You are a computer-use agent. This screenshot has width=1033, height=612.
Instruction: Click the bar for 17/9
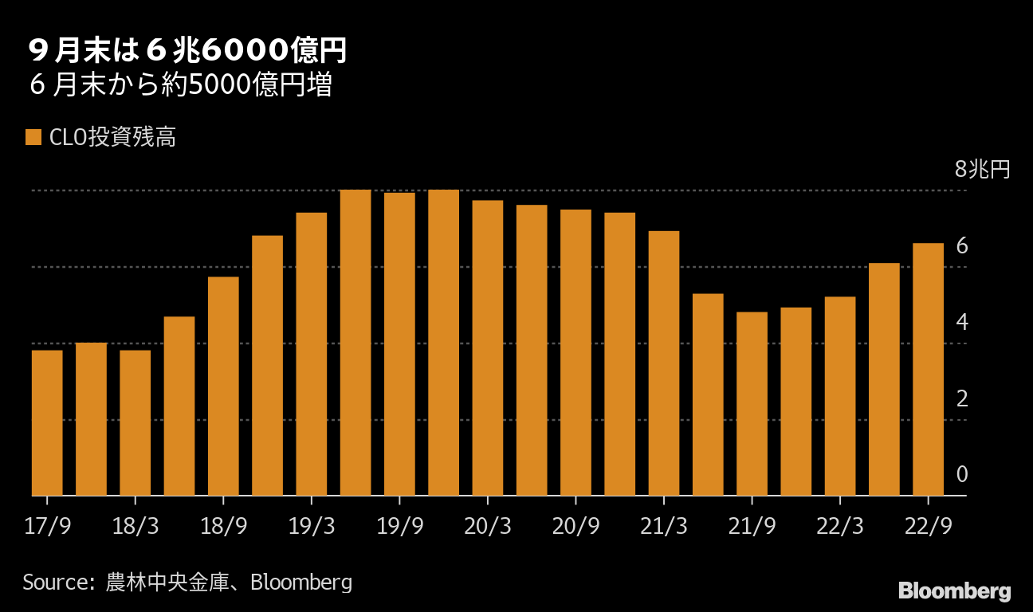coord(47,423)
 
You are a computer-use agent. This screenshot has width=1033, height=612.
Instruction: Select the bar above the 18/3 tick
coord(135,423)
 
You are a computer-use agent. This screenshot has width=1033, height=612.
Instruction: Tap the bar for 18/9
coord(223,386)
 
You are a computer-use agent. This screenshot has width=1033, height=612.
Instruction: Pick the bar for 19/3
coord(312,355)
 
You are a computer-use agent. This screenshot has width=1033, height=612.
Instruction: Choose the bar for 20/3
coord(488,348)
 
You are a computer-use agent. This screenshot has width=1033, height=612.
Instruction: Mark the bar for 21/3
coord(664,363)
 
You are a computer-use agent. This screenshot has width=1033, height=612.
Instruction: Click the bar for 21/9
coord(752,404)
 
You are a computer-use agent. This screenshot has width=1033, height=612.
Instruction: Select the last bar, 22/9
coord(928,370)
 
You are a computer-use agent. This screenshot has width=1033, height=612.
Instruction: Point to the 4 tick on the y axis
coord(962,322)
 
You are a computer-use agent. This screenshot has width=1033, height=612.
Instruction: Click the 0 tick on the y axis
coord(962,475)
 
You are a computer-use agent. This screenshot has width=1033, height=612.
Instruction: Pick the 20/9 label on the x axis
coord(575,526)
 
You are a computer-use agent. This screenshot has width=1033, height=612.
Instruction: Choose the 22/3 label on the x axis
coord(840,526)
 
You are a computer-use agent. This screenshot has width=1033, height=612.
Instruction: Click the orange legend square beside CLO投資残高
coord(33,137)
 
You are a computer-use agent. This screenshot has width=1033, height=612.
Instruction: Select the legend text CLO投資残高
coord(112,137)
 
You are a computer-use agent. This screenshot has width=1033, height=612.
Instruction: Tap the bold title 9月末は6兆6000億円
coord(187,51)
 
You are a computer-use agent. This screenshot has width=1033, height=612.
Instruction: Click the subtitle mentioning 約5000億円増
coord(180,85)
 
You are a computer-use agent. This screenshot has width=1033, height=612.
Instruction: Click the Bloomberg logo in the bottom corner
coord(955,590)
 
